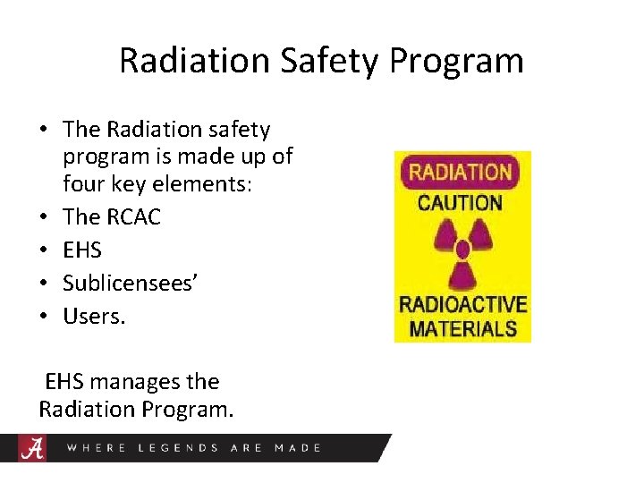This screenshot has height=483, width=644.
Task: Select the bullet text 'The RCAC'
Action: (112, 217)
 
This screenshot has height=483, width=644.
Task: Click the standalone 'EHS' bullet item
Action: (82, 250)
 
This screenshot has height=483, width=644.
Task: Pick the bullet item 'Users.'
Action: (95, 315)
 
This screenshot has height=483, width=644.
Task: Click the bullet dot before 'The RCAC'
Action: (44, 218)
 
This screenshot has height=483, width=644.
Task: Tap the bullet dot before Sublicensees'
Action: (44, 284)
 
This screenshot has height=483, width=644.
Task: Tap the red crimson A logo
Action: (33, 447)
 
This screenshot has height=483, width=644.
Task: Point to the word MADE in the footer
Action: (298, 448)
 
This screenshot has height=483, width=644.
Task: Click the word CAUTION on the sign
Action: (462, 202)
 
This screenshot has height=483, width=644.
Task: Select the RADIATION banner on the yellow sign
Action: (462, 171)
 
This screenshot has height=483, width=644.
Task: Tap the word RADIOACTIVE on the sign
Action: (462, 304)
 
